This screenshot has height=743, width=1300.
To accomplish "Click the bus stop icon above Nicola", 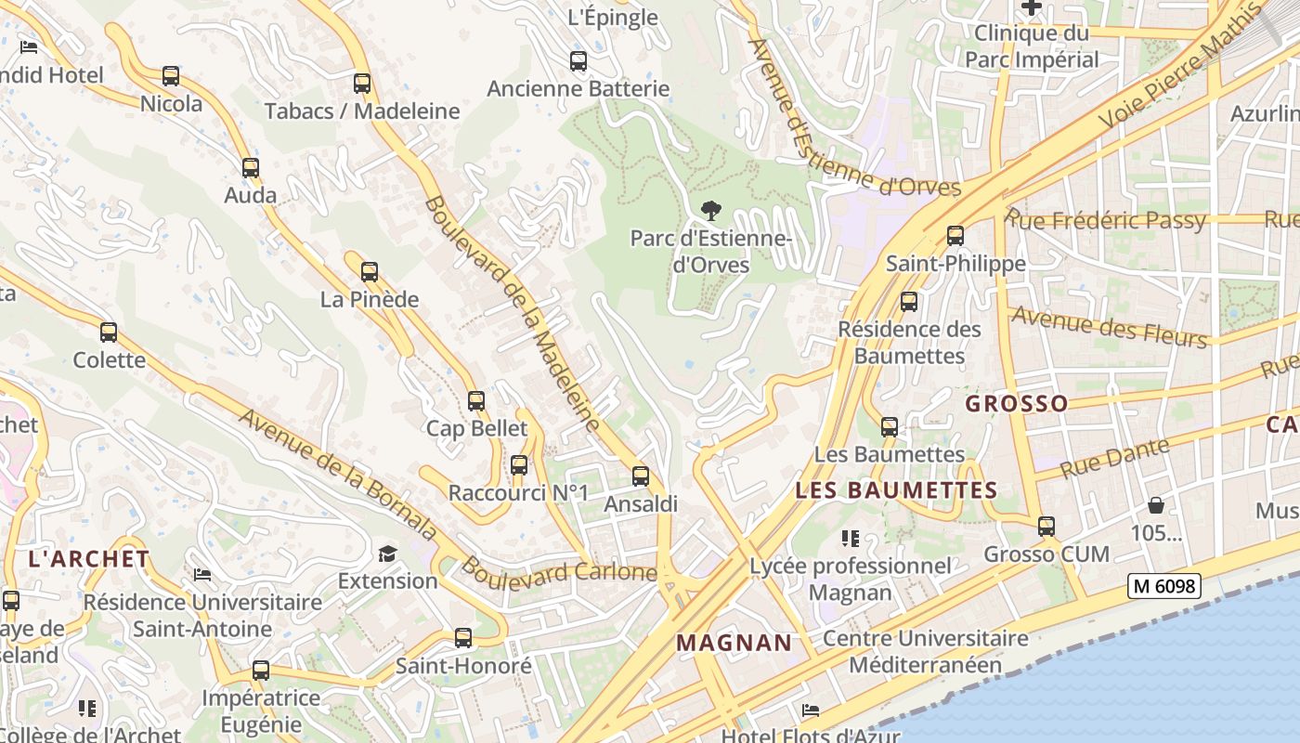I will click(171, 76).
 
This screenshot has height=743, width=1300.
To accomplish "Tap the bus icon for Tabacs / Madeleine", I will click(362, 84).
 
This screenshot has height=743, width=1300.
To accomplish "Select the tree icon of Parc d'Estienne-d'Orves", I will click(711, 211).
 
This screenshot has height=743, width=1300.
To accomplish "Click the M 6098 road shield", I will click(1164, 586).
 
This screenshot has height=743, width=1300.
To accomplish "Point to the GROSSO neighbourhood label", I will click(1017, 404).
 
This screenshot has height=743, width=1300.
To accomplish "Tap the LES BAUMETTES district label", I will click(896, 490).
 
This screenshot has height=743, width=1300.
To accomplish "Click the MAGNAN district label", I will click(734, 643).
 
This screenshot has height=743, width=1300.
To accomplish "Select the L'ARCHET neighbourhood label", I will click(89, 559).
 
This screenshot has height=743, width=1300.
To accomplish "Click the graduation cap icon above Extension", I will click(387, 554).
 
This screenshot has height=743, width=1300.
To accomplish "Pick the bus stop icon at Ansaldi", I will click(641, 476).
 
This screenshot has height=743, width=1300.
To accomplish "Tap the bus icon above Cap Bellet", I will click(476, 401).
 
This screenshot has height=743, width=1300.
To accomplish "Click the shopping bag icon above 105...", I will click(1156, 505).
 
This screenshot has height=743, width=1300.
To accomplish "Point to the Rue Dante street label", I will click(1114, 457).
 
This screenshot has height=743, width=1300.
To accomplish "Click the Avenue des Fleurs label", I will click(1109, 326).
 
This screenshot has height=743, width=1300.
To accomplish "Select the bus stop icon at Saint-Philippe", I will click(955, 236).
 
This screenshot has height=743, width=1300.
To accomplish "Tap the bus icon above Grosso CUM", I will click(1046, 527).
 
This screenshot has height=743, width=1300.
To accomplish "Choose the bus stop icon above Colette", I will click(109, 332).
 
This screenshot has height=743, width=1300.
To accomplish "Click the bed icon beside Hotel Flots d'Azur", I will click(811, 710).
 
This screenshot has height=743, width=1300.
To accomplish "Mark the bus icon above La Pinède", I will click(370, 272).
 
